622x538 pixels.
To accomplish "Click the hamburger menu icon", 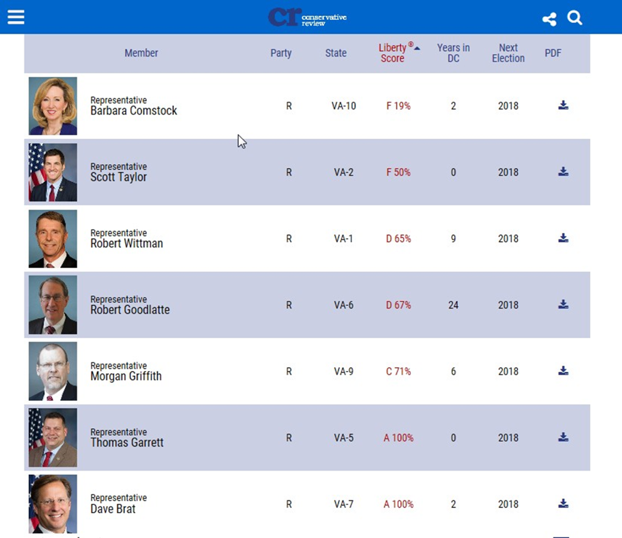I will pyautogui.click(x=16, y=17).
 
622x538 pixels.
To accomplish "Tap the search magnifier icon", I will pyautogui.click(x=575, y=18).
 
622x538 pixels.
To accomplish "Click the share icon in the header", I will pyautogui.click(x=549, y=19).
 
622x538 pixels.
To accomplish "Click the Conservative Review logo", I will pyautogui.click(x=307, y=17).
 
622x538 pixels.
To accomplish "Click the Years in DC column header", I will pyautogui.click(x=453, y=53).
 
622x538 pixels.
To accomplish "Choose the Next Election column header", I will pyautogui.click(x=508, y=53).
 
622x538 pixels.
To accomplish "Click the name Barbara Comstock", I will pyautogui.click(x=134, y=111).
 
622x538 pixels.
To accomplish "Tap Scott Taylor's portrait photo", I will pyautogui.click(x=53, y=173).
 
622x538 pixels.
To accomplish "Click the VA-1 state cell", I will pyautogui.click(x=344, y=239).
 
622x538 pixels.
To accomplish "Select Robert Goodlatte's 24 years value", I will pyautogui.click(x=453, y=305).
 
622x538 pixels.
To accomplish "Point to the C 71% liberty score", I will pyautogui.click(x=398, y=371).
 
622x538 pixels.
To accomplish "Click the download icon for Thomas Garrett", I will pyautogui.click(x=563, y=437).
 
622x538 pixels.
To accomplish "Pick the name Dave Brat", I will pyautogui.click(x=113, y=509).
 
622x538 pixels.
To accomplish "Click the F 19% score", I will pyautogui.click(x=398, y=106).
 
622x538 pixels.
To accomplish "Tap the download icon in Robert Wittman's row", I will pyautogui.click(x=563, y=238).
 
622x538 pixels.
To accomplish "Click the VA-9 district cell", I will pyautogui.click(x=344, y=371).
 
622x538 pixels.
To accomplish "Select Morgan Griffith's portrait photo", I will pyautogui.click(x=53, y=371).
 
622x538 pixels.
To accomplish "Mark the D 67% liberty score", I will pyautogui.click(x=398, y=305).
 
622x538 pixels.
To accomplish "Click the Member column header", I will pyautogui.click(x=141, y=53).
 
